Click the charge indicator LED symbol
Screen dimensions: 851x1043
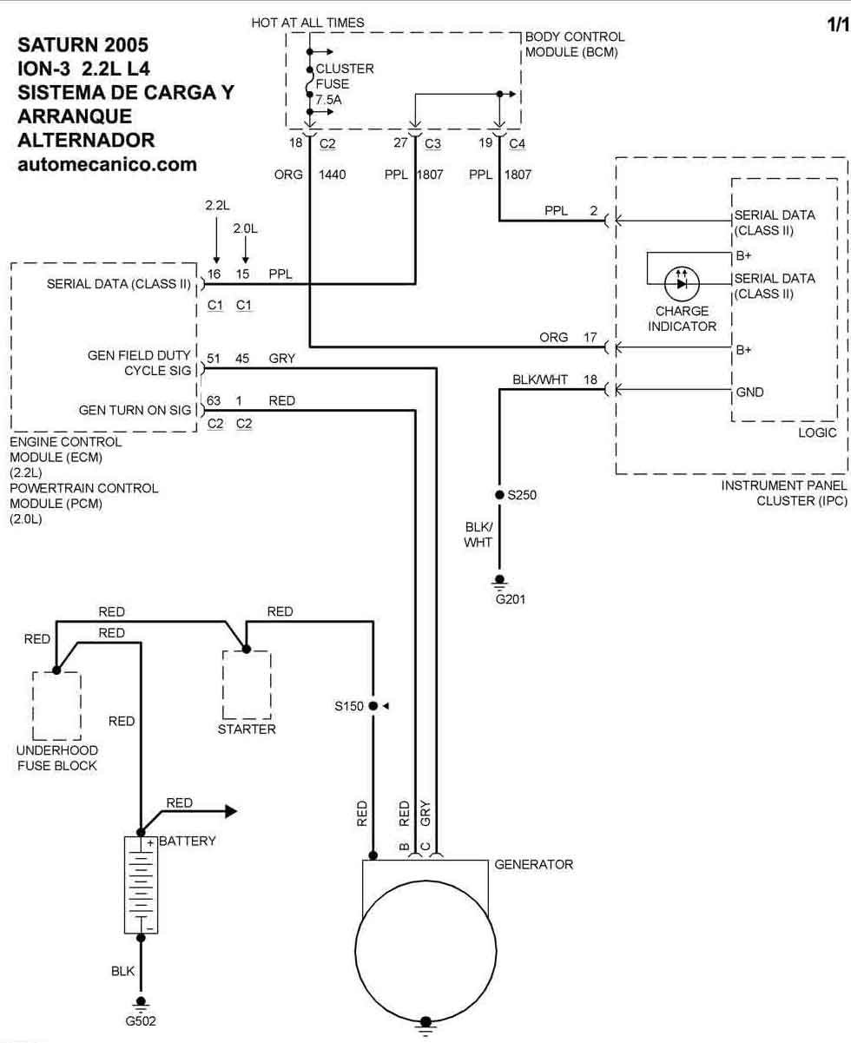[682, 284]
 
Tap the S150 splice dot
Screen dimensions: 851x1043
[373, 706]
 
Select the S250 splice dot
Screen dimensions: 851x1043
[499, 494]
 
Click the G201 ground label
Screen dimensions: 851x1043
[511, 599]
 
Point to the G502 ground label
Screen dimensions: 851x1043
[141, 1020]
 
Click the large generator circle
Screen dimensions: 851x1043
[425, 951]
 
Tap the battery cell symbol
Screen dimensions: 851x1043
[141, 885]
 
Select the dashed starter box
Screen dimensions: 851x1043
[247, 684]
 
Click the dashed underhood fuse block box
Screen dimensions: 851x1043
[56, 706]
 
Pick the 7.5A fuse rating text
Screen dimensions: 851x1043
[329, 100]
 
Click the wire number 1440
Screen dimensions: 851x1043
[333, 175]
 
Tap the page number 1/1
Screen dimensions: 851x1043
[838, 24]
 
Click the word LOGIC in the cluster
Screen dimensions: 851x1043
[817, 432]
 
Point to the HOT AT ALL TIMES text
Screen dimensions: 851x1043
[307, 23]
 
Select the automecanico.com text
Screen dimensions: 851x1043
[108, 165]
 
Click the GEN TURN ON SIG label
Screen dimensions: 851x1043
[135, 410]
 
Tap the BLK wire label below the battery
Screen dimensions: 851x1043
[122, 971]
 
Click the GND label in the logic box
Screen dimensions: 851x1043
[749, 393]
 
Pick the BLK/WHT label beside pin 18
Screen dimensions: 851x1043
[540, 380]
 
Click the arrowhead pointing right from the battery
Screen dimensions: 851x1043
[231, 811]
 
